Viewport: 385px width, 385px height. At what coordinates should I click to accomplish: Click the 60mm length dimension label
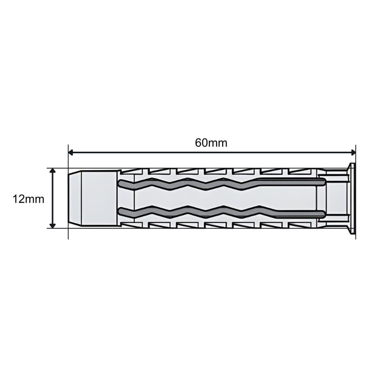[211, 143]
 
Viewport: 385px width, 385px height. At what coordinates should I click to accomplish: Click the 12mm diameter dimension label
[28, 199]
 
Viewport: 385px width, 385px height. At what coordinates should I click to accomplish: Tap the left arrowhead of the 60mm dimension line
[71, 153]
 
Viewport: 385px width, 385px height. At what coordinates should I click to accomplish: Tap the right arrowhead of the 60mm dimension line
[353, 153]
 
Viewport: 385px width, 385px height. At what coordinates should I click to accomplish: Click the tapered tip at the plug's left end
[75, 198]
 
